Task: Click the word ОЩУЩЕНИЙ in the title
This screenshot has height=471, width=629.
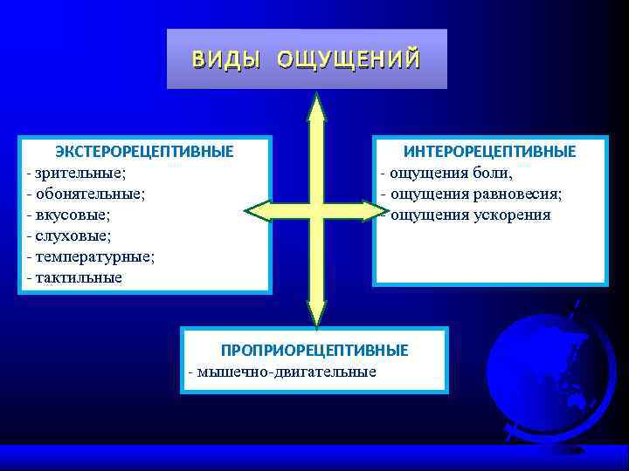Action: [349, 59]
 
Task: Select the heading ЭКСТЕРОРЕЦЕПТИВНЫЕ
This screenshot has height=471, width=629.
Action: [144, 152]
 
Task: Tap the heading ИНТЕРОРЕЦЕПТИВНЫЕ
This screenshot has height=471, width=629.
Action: [489, 152]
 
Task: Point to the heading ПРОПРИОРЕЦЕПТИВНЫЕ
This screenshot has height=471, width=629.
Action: [314, 350]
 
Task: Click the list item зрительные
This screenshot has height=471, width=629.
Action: [82, 173]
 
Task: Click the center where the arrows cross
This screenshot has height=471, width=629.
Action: [316, 210]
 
